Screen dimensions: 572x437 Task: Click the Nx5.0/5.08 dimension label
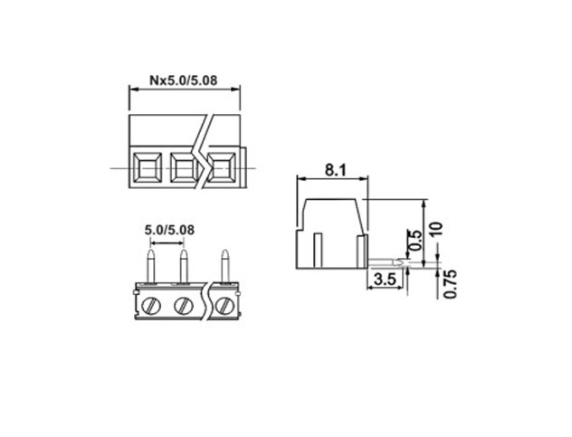(183, 81)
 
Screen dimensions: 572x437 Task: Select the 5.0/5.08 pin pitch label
(169, 230)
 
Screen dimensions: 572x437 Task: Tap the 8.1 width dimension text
(335, 170)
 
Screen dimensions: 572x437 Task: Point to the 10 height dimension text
(436, 228)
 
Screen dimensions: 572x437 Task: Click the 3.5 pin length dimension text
(385, 280)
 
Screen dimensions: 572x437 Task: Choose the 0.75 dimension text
(451, 284)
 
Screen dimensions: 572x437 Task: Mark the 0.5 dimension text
(415, 240)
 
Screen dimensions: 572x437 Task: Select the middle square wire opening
(185, 167)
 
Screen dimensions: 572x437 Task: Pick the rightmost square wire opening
(221, 167)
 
